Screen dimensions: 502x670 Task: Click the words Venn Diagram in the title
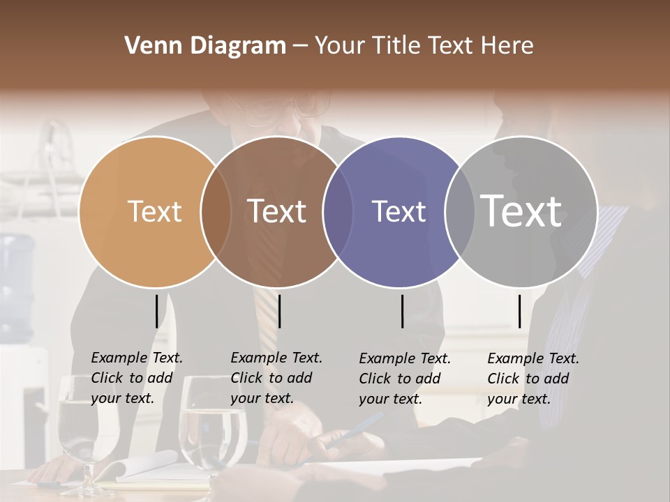tap(204, 46)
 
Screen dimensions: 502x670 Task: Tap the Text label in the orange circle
tap(154, 211)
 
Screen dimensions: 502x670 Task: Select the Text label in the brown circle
tap(277, 211)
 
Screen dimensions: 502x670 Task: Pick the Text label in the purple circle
tap(399, 211)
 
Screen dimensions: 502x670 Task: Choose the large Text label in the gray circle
tap(521, 211)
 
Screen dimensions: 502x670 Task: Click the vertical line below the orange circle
tap(156, 311)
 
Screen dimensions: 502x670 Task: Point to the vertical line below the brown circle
tap(279, 311)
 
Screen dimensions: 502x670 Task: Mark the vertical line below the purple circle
tap(402, 311)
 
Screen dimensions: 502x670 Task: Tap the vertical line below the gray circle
tap(519, 311)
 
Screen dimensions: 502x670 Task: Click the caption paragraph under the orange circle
tap(136, 378)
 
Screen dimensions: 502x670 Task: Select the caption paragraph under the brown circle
tap(276, 378)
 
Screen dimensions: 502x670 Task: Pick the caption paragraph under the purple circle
tap(404, 379)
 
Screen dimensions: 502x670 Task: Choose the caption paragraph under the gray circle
tap(533, 379)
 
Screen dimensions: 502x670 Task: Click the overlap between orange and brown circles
tap(216, 211)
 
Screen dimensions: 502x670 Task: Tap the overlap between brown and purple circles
tap(338, 211)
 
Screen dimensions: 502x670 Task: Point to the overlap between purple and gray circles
tap(459, 211)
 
